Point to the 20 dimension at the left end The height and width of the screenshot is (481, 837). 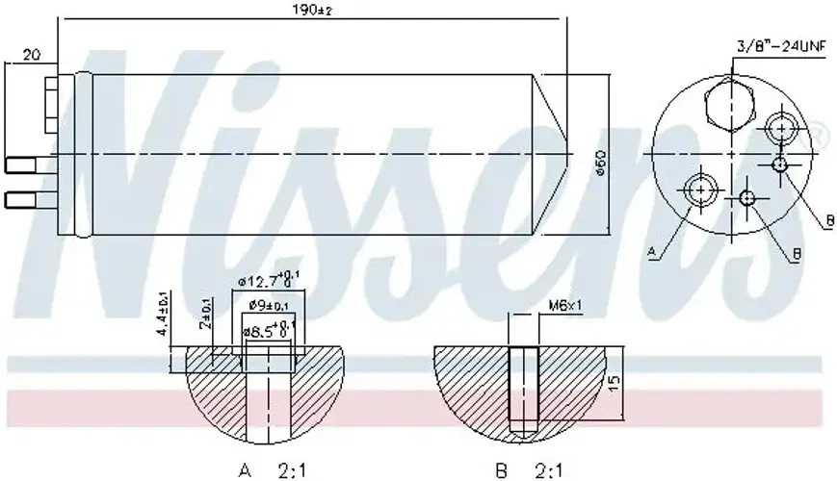coord(32,56)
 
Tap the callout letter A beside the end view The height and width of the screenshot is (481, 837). coord(652,252)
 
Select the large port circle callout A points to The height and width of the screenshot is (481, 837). coord(698,189)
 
